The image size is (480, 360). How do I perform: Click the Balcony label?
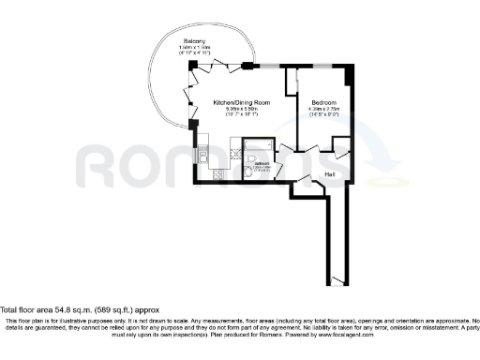195,42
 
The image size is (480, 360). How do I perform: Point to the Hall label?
330,172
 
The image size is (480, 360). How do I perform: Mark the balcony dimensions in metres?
195,49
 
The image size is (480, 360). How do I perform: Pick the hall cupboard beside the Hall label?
342,150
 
